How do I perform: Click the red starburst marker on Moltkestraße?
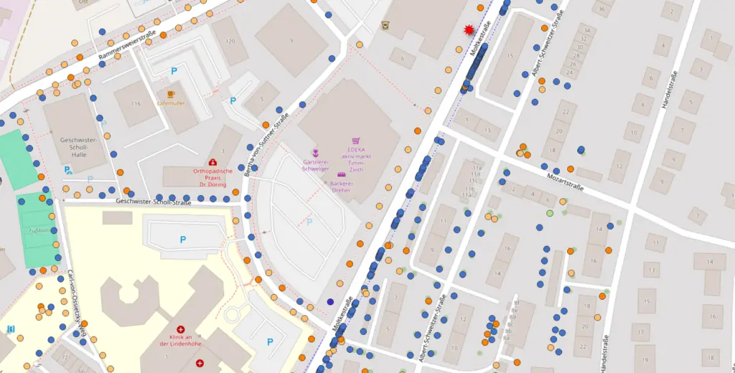click(x=469, y=29)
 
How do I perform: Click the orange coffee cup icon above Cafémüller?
click(x=171, y=94)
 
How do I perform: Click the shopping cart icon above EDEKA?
click(x=355, y=142)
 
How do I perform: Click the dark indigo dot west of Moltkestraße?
click(x=330, y=302)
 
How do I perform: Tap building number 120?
click(x=230, y=41)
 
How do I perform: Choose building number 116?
click(x=135, y=104)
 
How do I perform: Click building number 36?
click(x=601, y=9)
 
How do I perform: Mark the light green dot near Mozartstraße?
click(x=550, y=213)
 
